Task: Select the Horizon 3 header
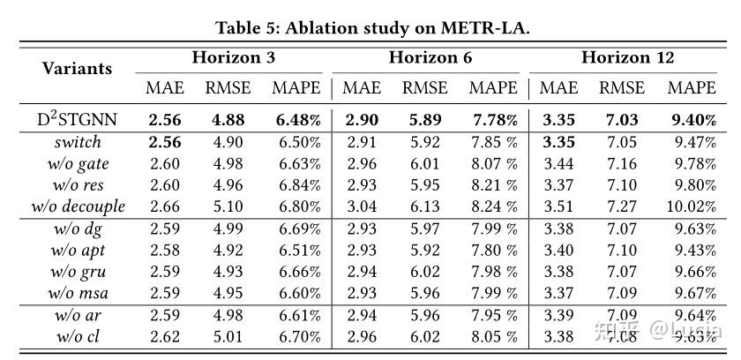233,58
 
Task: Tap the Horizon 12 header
627,58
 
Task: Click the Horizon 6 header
430,58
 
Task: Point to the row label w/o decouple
78,206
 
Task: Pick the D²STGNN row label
77,118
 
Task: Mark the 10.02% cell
692,206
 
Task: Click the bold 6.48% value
296,119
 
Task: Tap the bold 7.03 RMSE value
622,119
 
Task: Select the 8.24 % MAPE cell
493,206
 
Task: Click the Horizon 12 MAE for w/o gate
558,163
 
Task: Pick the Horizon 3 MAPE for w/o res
296,185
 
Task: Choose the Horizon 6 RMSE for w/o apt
424,249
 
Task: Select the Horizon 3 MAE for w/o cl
165,335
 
